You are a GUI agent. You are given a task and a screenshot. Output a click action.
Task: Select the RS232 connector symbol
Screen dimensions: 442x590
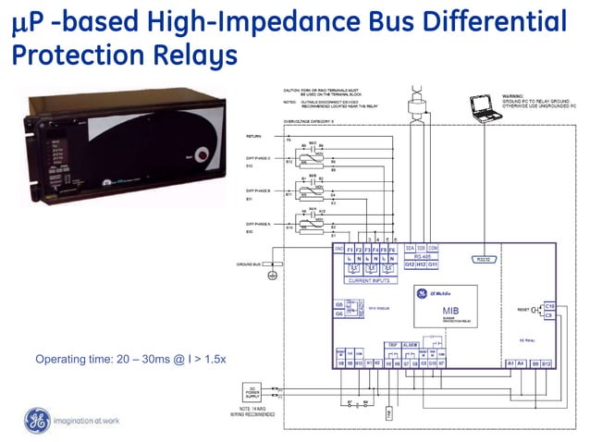[483, 260]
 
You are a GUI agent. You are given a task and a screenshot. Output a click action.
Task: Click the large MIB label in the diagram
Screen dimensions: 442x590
[451, 311]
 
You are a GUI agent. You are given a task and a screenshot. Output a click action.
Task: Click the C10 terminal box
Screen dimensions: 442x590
[549, 305]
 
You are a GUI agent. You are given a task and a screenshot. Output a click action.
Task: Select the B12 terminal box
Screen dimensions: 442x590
[547, 363]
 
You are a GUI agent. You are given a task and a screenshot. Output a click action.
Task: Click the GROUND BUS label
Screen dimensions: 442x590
[250, 264]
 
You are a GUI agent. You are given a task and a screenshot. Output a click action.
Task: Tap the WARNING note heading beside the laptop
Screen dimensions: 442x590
[515, 95]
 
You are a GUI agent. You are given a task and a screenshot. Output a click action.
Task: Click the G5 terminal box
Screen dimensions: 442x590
[339, 304]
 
